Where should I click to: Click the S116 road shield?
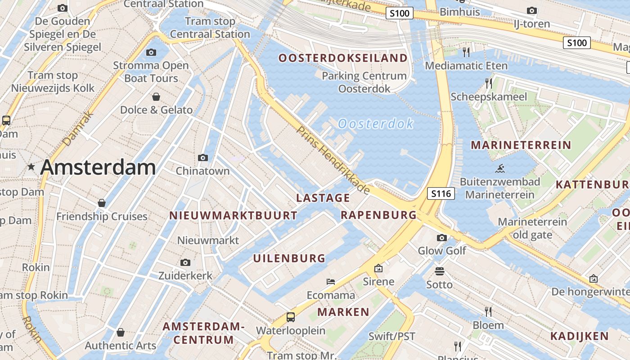click(x=441, y=194)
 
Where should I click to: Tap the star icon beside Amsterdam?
click(x=31, y=167)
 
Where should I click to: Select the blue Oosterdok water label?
click(x=375, y=124)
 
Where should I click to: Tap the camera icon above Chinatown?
click(x=203, y=157)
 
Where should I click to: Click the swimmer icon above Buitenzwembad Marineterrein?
click(x=499, y=169)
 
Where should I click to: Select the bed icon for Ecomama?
click(x=331, y=282)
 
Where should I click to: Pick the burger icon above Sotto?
click(x=440, y=271)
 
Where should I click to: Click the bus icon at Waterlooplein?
click(x=291, y=317)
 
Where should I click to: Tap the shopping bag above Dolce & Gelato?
click(x=156, y=97)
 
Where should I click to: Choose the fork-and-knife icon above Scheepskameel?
click(x=488, y=83)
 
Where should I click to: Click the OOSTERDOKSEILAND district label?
click(x=343, y=58)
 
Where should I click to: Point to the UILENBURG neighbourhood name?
click(x=289, y=258)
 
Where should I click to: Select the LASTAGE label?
click(x=323, y=198)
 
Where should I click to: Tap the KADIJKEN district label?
click(x=580, y=336)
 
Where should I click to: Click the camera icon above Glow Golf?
click(x=442, y=238)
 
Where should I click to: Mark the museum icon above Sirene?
click(x=378, y=269)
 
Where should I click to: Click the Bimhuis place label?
click(x=460, y=12)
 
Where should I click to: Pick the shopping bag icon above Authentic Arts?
click(x=120, y=333)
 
